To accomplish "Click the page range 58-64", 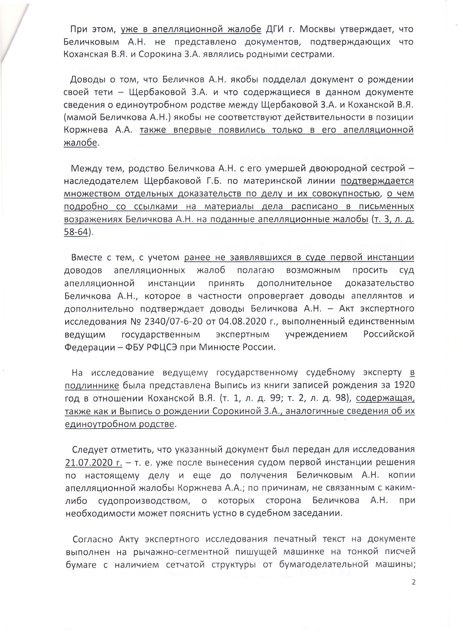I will [76, 232].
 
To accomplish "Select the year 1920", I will [404, 385].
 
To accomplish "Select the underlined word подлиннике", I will [92, 385].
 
